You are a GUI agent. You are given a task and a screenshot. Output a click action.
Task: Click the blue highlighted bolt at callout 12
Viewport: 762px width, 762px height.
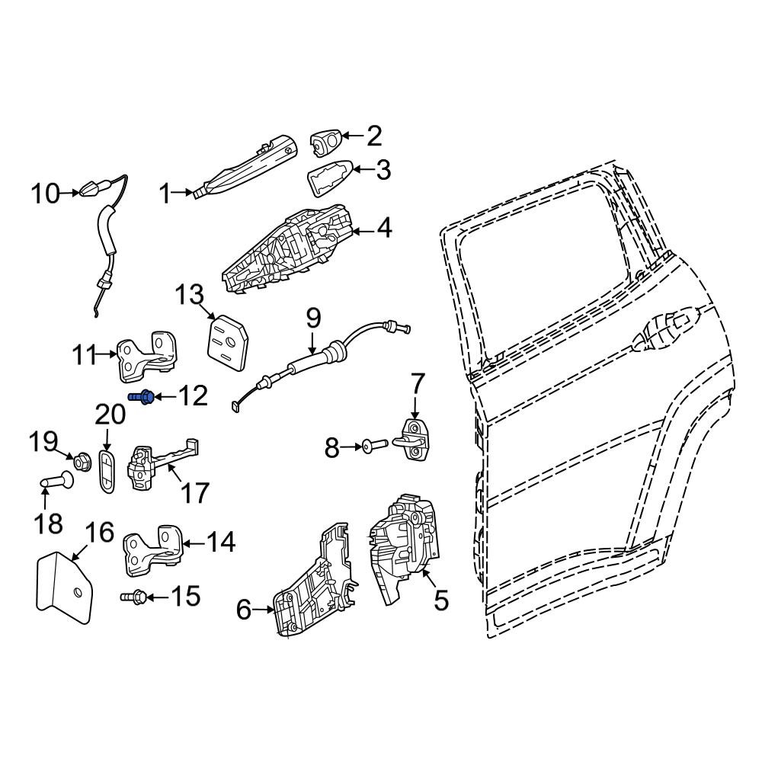[142, 397]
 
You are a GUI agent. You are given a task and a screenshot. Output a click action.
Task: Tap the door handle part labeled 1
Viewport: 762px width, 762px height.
[245, 166]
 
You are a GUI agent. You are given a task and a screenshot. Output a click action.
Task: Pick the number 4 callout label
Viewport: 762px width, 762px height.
[384, 228]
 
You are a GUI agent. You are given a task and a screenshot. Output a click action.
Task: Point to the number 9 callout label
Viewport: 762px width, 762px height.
[314, 319]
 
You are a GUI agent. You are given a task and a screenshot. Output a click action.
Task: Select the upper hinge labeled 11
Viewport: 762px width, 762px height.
[148, 356]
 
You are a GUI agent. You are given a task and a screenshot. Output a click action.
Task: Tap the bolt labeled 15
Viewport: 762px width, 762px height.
[133, 597]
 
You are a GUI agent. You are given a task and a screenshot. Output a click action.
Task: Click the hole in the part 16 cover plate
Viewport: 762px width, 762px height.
[77, 592]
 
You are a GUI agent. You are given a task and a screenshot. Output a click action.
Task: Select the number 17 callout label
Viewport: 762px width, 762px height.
[195, 491]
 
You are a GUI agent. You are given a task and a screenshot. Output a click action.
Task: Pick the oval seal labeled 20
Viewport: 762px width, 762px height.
[107, 472]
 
